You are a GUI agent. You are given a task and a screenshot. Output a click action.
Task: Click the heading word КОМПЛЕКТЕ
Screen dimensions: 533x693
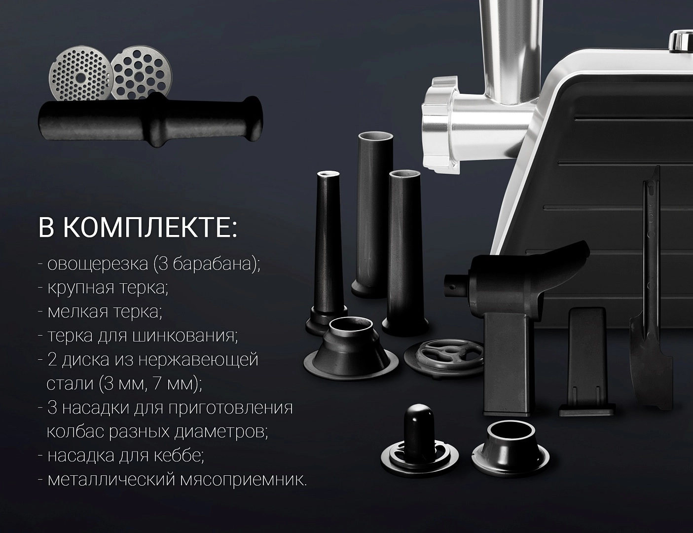[x=151, y=228]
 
